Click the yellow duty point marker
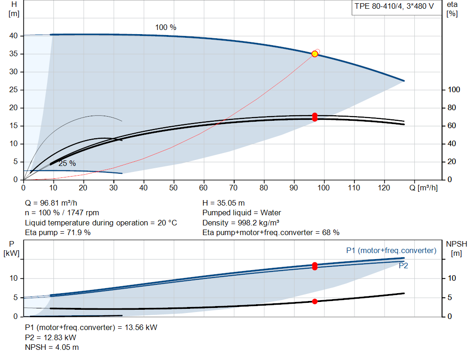click(x=314, y=54)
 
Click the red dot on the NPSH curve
click(x=314, y=301)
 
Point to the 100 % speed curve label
click(x=165, y=27)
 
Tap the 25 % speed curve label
click(x=67, y=164)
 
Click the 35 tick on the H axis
click(x=13, y=54)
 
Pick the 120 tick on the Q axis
click(x=384, y=188)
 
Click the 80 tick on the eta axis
click(x=452, y=108)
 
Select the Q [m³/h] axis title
click(x=424, y=188)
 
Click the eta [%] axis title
click(x=452, y=9)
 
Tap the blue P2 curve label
click(x=403, y=266)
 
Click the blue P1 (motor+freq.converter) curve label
click(x=391, y=250)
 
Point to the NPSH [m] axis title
click(x=456, y=248)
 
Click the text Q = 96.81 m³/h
click(x=51, y=203)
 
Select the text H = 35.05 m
click(x=224, y=203)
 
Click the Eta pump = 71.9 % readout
click(x=58, y=232)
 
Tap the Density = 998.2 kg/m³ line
click(x=241, y=223)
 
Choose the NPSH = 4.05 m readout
click(x=52, y=347)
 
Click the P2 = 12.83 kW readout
click(x=51, y=337)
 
